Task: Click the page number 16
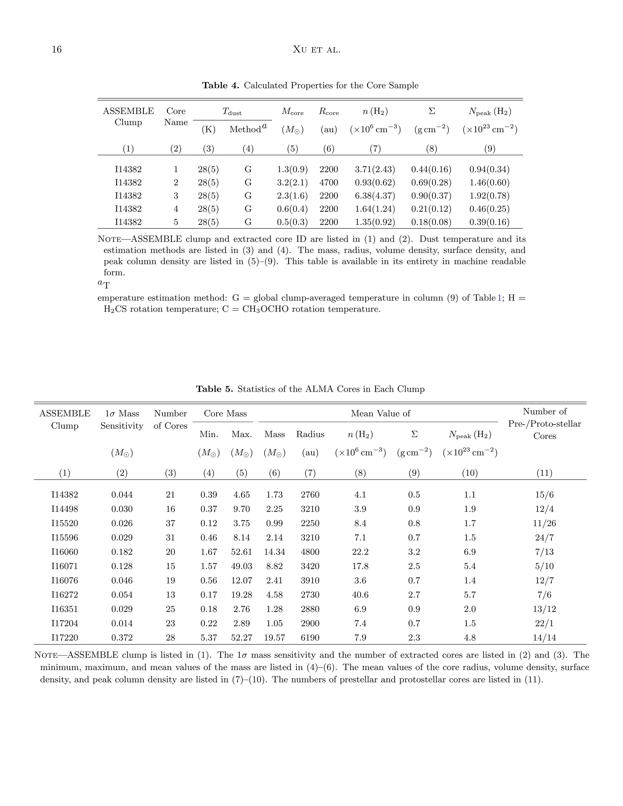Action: pos(57,50)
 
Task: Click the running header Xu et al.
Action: pos(316,50)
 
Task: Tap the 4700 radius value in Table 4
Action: pos(329,183)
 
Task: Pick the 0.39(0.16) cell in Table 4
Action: pos(489,222)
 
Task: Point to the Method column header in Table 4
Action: pos(245,130)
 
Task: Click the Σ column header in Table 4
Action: pos(431,111)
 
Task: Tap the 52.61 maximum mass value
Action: pos(241,552)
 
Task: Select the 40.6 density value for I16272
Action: pos(360,595)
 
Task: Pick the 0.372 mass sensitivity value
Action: pos(122,638)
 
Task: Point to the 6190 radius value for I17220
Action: pos(310,638)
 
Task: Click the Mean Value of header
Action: pos(380,414)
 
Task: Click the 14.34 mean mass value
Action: pos(274,552)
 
